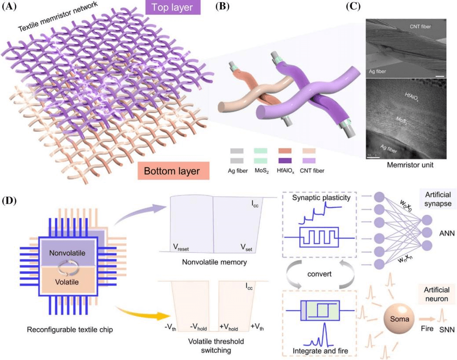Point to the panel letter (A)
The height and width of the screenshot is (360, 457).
point(10,6)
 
